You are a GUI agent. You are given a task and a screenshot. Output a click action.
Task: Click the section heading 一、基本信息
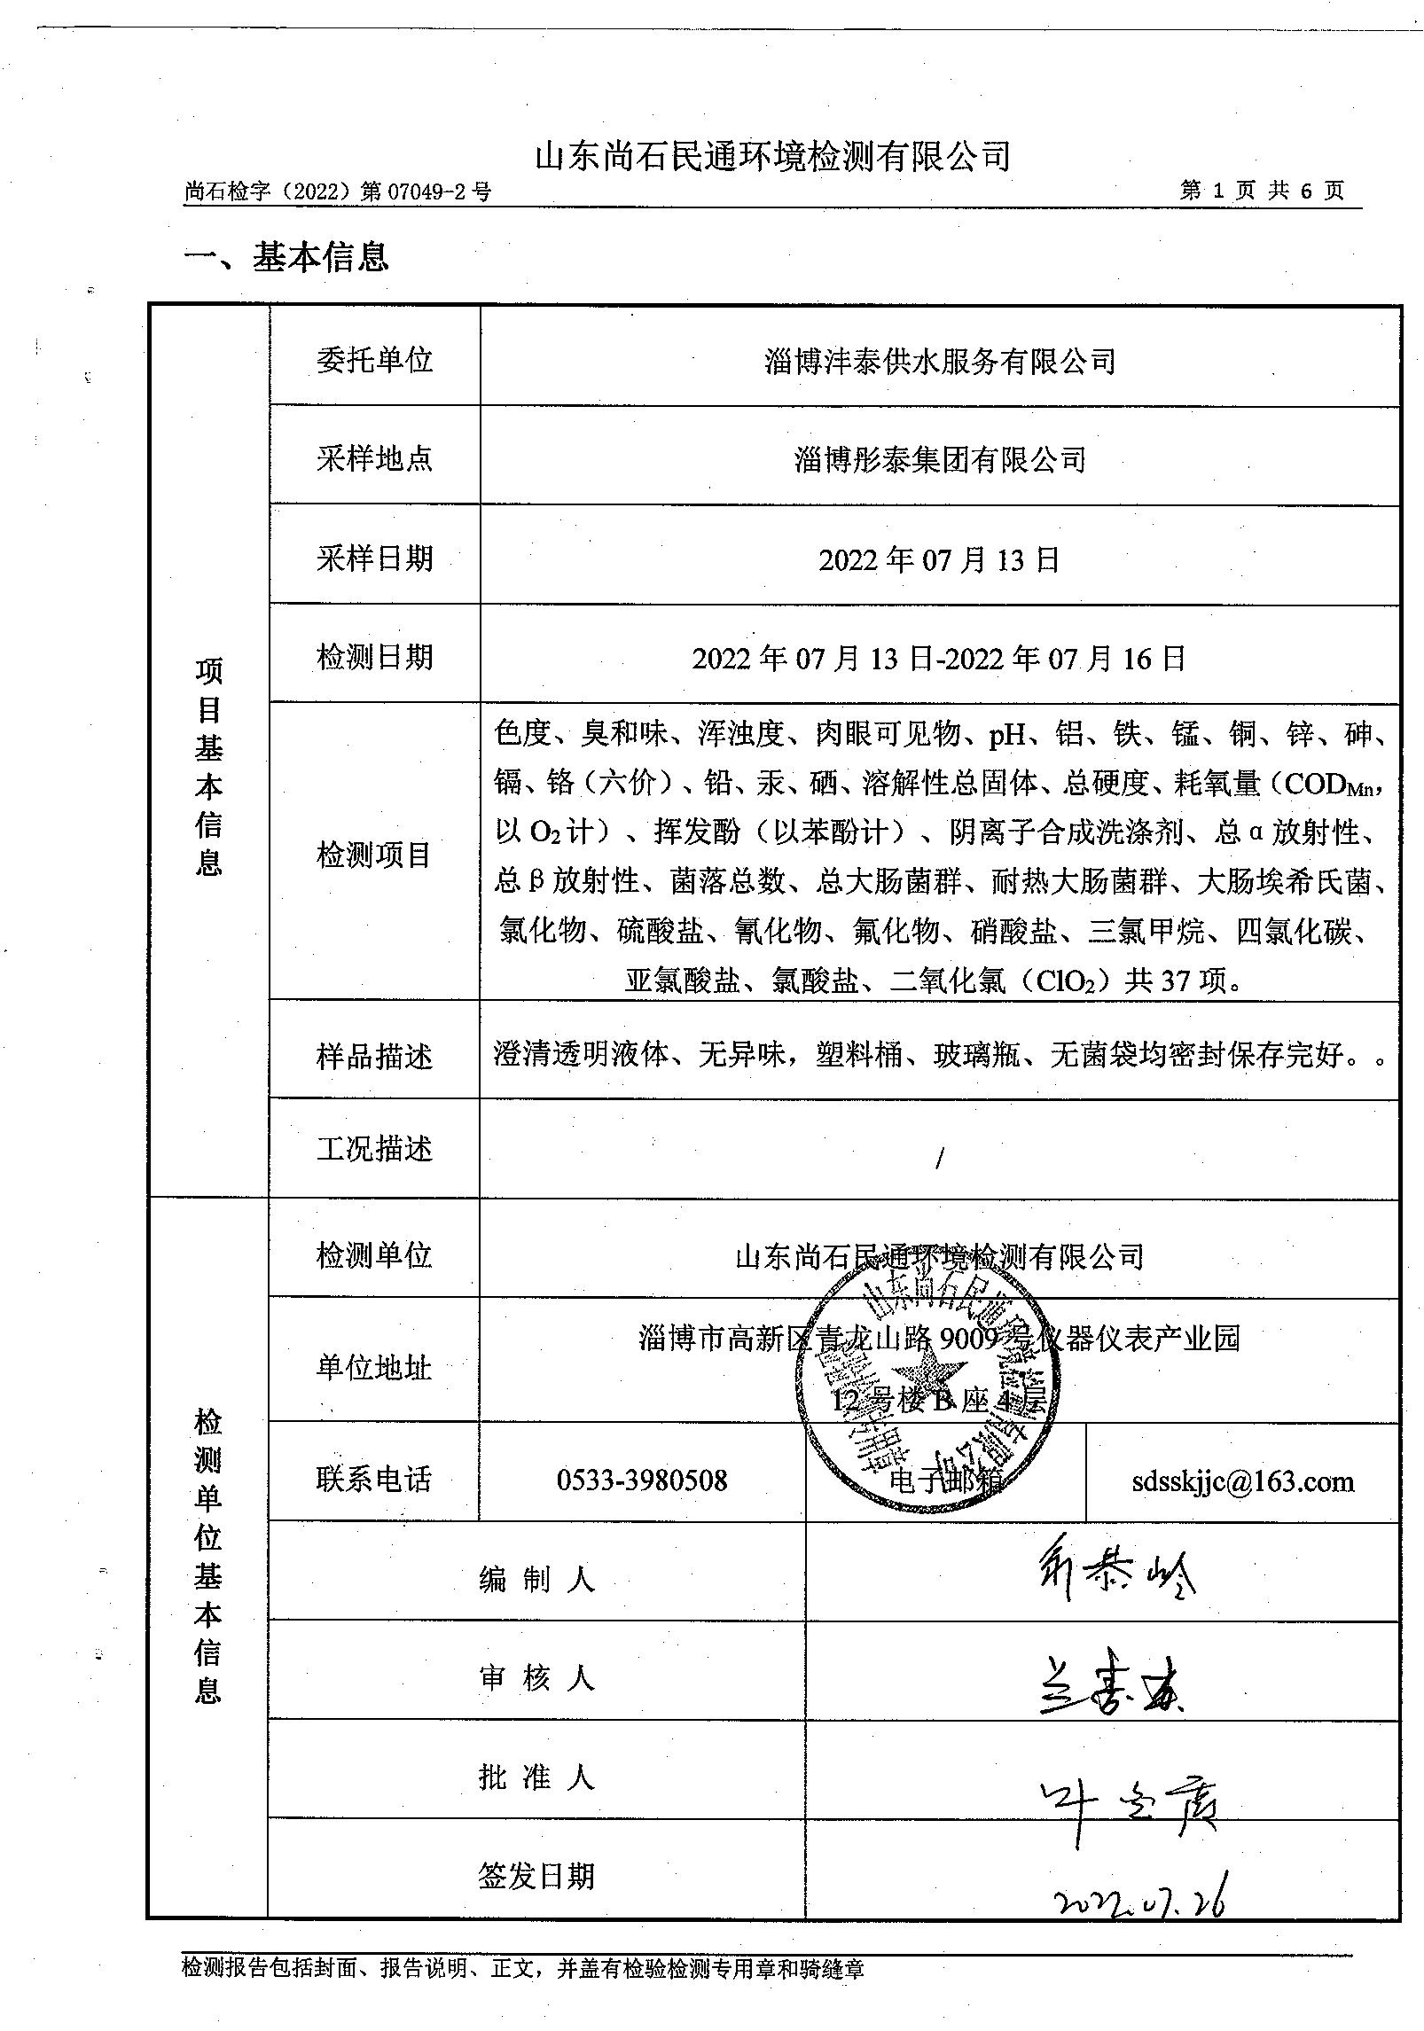[x=286, y=257]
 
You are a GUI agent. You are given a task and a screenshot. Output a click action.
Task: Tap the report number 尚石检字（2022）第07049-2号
[x=338, y=191]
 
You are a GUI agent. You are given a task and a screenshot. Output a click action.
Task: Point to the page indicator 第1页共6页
[x=1262, y=191]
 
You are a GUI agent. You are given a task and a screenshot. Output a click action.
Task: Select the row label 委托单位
[x=374, y=360]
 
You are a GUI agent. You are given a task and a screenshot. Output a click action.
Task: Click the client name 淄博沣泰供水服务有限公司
[x=939, y=361]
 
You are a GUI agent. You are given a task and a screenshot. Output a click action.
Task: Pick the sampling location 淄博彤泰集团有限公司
[x=940, y=458]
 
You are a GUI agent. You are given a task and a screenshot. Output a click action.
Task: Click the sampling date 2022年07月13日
[x=939, y=559]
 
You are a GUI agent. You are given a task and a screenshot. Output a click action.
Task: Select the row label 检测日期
[x=374, y=657]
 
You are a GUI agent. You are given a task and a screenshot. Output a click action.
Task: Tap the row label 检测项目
[x=374, y=855]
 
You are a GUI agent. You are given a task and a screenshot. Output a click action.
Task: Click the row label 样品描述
[x=374, y=1057]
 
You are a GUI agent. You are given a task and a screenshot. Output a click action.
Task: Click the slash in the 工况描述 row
[x=939, y=1158]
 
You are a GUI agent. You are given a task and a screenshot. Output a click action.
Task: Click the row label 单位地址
[x=374, y=1367]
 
